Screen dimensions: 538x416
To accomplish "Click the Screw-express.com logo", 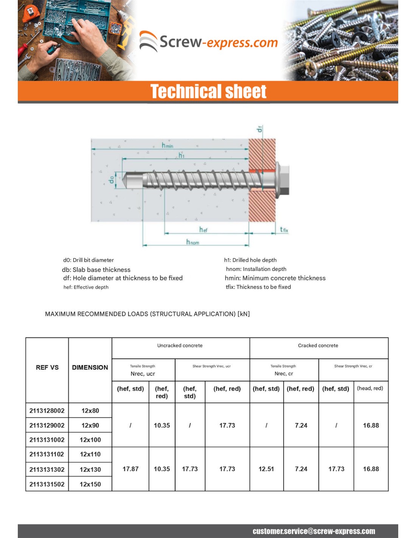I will (208, 41).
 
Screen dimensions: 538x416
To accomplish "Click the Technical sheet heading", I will (208, 92).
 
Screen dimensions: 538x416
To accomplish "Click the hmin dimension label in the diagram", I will (167, 145).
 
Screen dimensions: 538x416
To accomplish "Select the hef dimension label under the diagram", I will (203, 230).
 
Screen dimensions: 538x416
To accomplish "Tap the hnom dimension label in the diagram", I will (192, 242).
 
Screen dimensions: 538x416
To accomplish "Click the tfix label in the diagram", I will (284, 230).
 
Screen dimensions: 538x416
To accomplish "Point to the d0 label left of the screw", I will (111, 180).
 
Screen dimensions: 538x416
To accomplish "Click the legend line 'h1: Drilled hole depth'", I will (250, 260).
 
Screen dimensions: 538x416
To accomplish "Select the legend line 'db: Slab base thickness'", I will (96, 270).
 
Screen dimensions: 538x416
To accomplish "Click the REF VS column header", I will (47, 367).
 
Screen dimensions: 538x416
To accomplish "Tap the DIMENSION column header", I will (90, 367).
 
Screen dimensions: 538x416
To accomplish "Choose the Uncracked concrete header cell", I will (180, 345).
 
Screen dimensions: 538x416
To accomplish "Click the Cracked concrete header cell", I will (318, 345).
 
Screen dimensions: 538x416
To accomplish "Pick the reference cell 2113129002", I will (47, 425).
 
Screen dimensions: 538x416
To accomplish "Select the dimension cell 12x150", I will (90, 484).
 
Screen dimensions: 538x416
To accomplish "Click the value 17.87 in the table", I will (130, 469).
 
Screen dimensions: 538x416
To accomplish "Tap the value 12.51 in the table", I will (266, 469).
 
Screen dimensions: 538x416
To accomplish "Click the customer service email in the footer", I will (314, 531).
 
